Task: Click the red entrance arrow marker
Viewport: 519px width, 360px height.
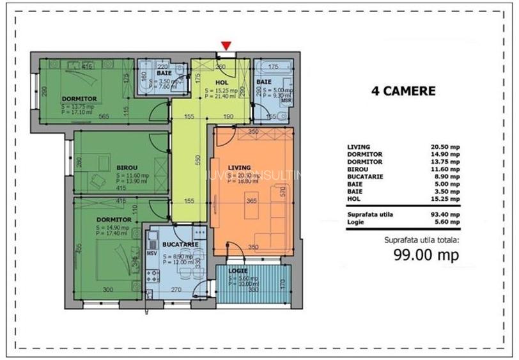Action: coord(226,45)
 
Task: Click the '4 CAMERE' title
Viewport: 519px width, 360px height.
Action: coord(403,91)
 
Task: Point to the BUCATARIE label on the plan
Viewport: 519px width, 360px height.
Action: coord(179,244)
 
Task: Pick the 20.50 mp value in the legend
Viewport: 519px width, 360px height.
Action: coord(445,146)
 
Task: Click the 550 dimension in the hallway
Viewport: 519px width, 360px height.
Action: coord(198,159)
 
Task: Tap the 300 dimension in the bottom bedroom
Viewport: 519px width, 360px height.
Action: coord(107,290)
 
